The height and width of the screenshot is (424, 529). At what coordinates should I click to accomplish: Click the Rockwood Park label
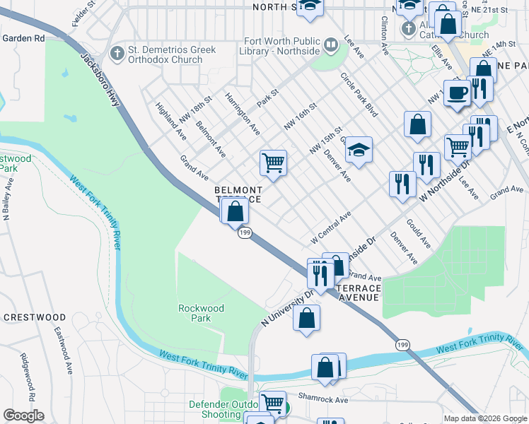tap(201, 313)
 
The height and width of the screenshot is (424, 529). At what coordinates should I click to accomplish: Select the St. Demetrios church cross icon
tap(117, 52)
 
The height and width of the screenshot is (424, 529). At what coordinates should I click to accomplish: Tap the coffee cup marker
tap(458, 93)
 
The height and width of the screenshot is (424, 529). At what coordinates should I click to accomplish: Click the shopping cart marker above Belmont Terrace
tap(273, 163)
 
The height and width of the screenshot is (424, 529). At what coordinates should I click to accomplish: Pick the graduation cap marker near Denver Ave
tap(359, 150)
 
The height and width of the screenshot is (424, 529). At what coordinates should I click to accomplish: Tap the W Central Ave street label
tap(332, 228)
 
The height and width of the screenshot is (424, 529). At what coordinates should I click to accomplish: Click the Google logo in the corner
tap(23, 416)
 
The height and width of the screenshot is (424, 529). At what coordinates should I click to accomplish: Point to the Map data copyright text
tap(484, 418)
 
